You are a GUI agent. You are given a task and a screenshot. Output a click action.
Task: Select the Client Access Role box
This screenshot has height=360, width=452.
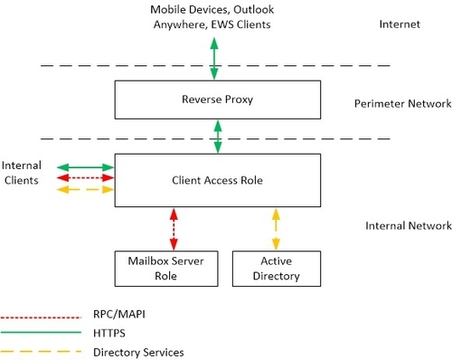tap(216, 179)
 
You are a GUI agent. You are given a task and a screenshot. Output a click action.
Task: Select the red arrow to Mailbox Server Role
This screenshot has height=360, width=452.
tap(173, 227)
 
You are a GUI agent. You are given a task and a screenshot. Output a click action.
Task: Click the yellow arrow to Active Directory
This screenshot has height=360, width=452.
tap(276, 227)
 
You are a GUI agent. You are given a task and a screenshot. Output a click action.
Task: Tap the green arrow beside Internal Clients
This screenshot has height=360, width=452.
tap(85, 167)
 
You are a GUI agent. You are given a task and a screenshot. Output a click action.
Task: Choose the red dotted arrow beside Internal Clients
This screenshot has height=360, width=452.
tap(85, 178)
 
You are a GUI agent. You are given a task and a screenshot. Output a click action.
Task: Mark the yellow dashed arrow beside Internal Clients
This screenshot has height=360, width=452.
tap(85, 190)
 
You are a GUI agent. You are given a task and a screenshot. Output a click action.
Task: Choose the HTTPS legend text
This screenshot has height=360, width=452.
tap(112, 334)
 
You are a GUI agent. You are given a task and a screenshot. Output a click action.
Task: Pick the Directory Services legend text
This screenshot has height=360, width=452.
tap(138, 350)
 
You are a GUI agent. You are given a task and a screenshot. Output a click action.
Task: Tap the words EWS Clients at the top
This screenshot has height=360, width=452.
tap(244, 24)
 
